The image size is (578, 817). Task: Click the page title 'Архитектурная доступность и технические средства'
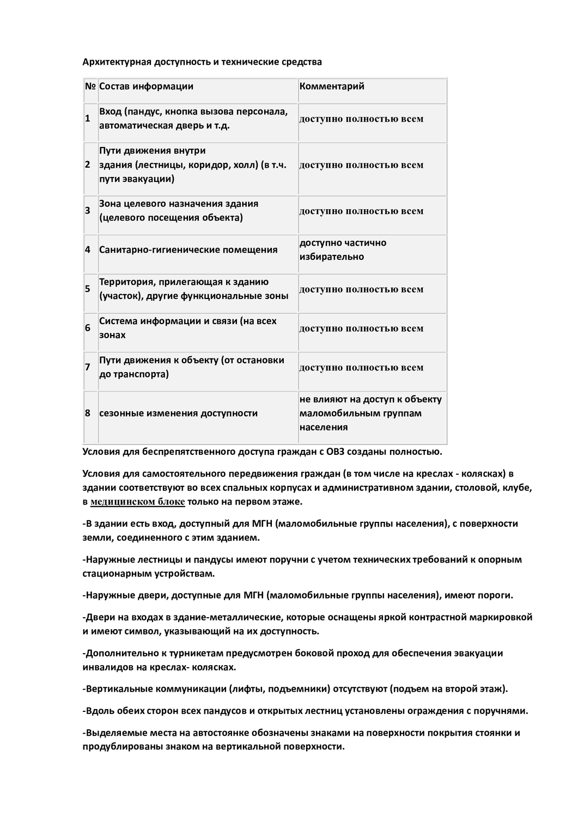point(202,62)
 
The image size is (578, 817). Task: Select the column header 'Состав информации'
point(146,86)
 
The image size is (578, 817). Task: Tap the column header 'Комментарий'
point(332,86)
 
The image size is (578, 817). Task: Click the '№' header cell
point(90,86)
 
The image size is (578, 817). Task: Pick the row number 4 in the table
point(87,249)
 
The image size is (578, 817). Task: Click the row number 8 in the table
point(87,413)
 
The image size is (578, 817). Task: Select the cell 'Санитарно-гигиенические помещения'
point(188,249)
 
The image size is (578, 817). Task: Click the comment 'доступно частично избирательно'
point(343,249)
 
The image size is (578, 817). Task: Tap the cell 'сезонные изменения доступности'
point(178,413)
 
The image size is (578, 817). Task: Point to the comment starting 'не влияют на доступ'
point(370,413)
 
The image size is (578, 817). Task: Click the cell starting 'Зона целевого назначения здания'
point(179,210)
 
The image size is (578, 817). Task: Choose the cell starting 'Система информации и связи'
point(187,328)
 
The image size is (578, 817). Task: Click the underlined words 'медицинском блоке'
point(137,502)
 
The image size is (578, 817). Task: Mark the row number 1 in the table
point(87,118)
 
